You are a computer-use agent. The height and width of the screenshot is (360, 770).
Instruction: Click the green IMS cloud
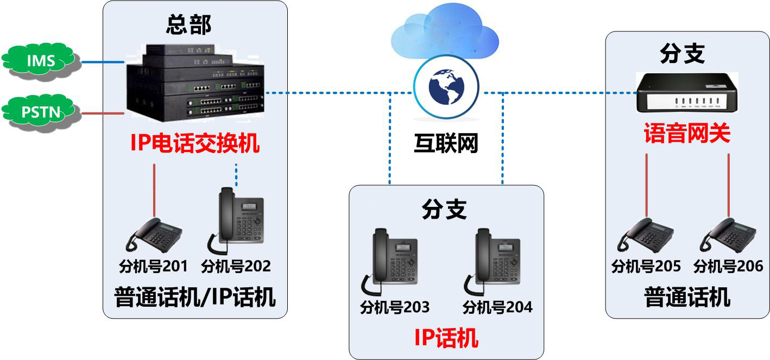[x=41, y=61]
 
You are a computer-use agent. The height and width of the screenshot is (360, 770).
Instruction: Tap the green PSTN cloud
[x=41, y=113]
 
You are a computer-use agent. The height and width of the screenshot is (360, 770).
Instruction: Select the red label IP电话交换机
[x=195, y=144]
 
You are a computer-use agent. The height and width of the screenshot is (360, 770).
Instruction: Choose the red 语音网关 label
[x=687, y=134]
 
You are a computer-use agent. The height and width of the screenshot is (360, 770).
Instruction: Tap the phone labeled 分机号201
[x=154, y=236]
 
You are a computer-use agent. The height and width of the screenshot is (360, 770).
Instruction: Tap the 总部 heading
[x=188, y=24]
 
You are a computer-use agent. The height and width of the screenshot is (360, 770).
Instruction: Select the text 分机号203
[x=395, y=307]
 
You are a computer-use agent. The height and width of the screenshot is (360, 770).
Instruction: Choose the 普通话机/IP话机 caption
[x=195, y=298]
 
